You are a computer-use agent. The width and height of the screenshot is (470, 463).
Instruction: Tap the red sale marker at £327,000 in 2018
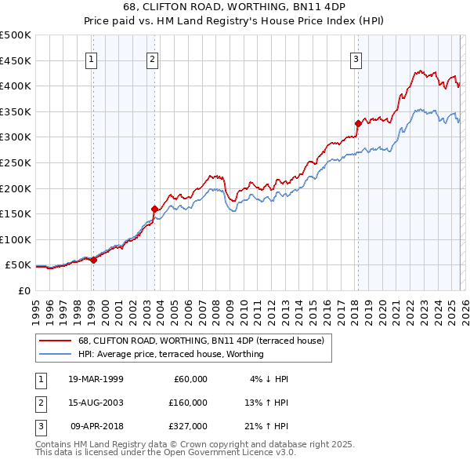[x=358, y=123]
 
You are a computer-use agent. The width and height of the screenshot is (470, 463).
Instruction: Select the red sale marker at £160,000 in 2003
[x=154, y=209]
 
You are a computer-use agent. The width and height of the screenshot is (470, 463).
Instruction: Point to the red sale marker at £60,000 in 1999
[x=93, y=260]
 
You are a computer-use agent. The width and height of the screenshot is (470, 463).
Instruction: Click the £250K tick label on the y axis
[x=16, y=162]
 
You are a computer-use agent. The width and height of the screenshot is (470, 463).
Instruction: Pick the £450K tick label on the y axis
[x=16, y=60]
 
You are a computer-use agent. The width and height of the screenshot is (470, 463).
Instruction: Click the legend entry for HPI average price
[x=171, y=354]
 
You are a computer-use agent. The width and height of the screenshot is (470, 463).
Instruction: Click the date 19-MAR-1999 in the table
[x=96, y=379]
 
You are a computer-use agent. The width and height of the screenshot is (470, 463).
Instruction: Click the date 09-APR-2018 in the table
[x=96, y=426]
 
